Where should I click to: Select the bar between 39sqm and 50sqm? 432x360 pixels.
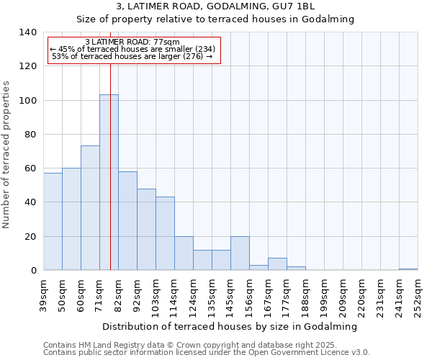click(53, 222)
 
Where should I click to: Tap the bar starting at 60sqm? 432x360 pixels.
click(90, 208)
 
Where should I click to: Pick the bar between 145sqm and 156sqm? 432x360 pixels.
click(240, 253)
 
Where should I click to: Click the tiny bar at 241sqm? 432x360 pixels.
click(408, 269)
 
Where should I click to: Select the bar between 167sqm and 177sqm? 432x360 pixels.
click(277, 264)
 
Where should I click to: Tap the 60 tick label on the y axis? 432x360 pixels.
click(30, 168)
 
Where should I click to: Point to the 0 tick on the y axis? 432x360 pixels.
click(33, 271)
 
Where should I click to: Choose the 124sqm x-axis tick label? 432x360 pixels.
click(193, 297)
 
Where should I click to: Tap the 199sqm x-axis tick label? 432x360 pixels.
click(324, 297)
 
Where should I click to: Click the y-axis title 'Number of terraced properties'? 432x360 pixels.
click(7, 155)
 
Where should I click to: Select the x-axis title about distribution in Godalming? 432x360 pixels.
click(230, 326)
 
